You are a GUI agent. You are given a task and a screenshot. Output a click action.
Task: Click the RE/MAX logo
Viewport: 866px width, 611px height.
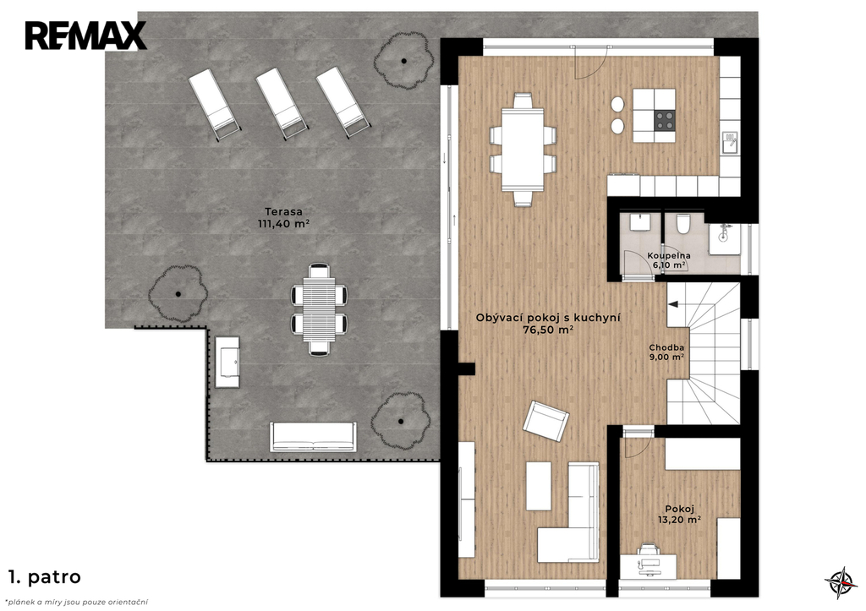pyautogui.click(x=85, y=35)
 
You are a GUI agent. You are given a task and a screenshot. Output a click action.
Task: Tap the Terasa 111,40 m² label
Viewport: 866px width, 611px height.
pyautogui.click(x=283, y=217)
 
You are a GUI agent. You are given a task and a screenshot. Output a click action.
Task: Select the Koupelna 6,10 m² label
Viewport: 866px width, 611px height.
pyautogui.click(x=669, y=260)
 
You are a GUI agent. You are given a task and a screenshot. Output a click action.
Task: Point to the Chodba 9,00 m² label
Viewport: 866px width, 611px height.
pyautogui.click(x=666, y=352)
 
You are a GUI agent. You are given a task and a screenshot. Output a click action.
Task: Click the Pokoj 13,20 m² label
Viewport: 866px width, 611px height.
pyautogui.click(x=679, y=514)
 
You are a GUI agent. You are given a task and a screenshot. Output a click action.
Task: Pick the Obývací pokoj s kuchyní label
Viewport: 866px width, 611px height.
pyautogui.click(x=548, y=318)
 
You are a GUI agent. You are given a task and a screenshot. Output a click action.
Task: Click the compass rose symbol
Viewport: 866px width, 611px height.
pyautogui.click(x=841, y=582)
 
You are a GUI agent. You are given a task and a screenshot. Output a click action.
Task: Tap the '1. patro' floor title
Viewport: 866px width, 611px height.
pyautogui.click(x=45, y=577)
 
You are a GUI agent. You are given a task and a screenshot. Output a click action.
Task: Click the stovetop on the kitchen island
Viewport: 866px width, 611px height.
pyautogui.click(x=665, y=120)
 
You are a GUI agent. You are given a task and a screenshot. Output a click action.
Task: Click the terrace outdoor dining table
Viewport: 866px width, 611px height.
pyautogui.click(x=319, y=309)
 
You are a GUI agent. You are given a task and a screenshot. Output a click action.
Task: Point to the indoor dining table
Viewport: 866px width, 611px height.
pyautogui.click(x=523, y=150)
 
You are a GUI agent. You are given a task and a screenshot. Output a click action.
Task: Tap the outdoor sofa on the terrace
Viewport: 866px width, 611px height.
pyautogui.click(x=313, y=437)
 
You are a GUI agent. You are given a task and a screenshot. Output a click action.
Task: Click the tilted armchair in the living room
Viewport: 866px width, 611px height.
pyautogui.click(x=545, y=421)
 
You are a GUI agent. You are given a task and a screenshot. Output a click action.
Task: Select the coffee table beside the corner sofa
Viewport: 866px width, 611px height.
pyautogui.click(x=539, y=486)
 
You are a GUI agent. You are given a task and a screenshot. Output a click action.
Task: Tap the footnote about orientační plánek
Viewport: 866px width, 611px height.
pyautogui.click(x=76, y=603)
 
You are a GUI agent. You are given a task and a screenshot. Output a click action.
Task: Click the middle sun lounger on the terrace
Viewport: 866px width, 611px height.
pyautogui.click(x=281, y=104)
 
